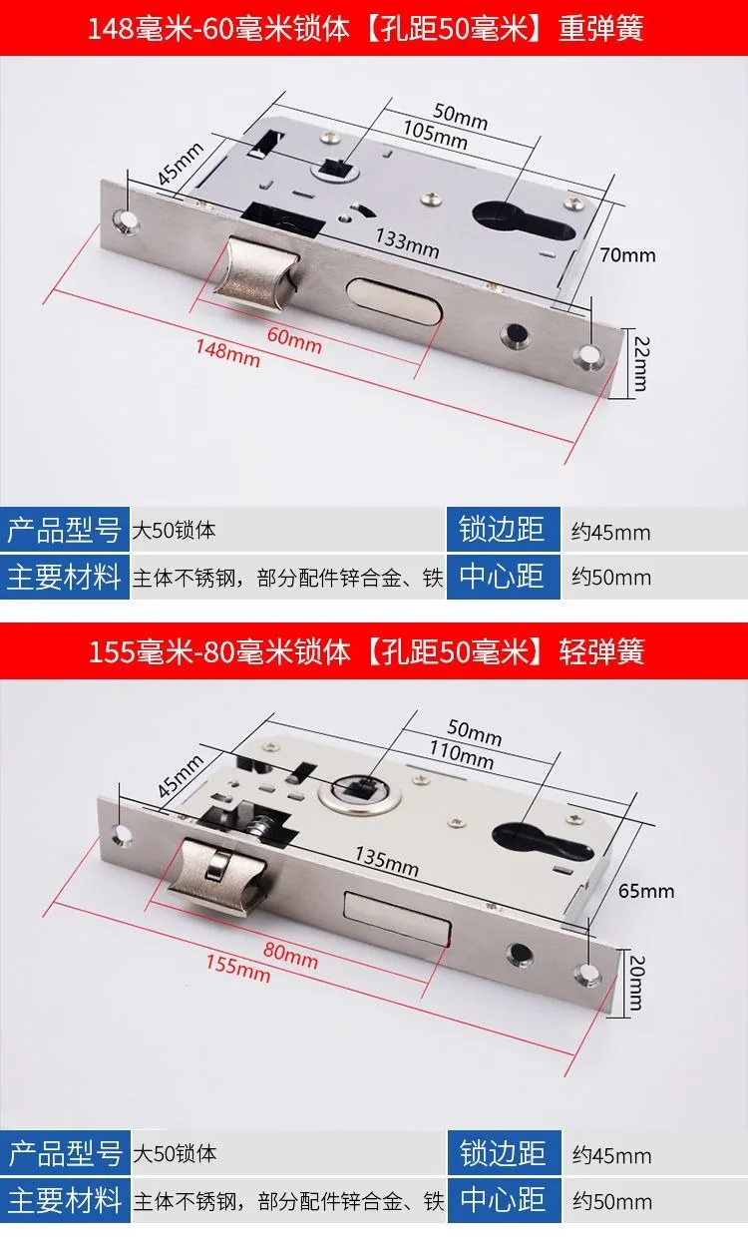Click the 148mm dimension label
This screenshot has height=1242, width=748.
coord(227,352)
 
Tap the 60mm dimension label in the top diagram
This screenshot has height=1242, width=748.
coord(294,339)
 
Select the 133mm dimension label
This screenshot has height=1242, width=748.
coord(407,240)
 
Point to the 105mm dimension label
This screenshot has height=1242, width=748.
coord(435,136)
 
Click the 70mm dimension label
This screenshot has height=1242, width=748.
coord(628,255)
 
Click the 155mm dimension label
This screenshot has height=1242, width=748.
coord(237,966)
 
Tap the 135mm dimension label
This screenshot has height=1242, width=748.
coord(387,860)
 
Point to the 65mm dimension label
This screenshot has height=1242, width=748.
coord(647,890)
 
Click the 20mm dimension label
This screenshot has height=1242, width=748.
coord(635,982)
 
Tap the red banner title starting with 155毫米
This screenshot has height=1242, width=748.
coord(367,651)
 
